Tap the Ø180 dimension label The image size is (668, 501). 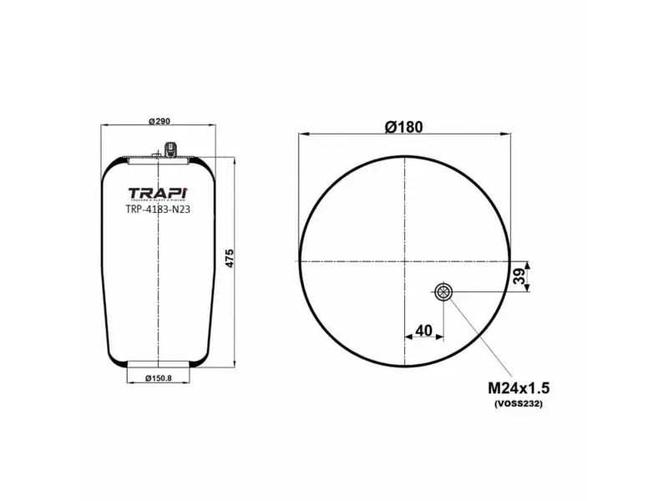tap(403, 127)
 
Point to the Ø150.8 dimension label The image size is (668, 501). tap(158, 379)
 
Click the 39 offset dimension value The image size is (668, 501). tap(519, 276)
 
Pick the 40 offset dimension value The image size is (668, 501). tap(423, 331)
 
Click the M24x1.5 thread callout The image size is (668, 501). tap(518, 389)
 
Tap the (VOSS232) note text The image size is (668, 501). tap(518, 405)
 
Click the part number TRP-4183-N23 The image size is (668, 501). tap(157, 210)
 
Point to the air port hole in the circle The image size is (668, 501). tap(443, 291)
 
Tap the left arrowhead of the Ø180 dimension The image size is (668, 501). tap(303, 133)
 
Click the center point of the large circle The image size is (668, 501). tap(404, 260)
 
